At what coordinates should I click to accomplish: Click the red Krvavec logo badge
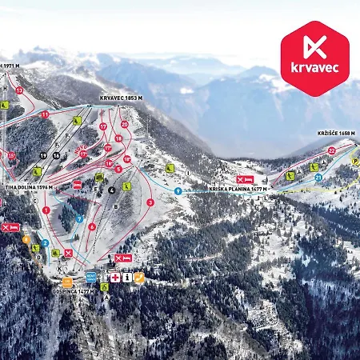pyautogui.click(x=314, y=58)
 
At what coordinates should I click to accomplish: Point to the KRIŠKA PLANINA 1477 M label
pyautogui.click(x=239, y=190)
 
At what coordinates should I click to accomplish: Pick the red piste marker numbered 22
pyautogui.click(x=331, y=150)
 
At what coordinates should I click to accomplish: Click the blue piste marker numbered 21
pyautogui.click(x=318, y=177)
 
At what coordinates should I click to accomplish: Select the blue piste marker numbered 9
pyautogui.click(x=177, y=191)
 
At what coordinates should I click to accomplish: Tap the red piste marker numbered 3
pyautogui.click(x=150, y=202)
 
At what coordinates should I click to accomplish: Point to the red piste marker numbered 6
pyautogui.click(x=92, y=226)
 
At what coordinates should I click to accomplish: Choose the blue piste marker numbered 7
pyautogui.click(x=80, y=218)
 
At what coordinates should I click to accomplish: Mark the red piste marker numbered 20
pyautogui.click(x=124, y=124)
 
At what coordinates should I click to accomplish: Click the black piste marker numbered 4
pyautogui.click(x=112, y=190)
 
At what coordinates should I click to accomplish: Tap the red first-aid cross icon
pyautogui.click(x=114, y=277)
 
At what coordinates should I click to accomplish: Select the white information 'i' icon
pyautogui.click(x=126, y=277)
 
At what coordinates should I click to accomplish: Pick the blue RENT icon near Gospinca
pyautogui.click(x=90, y=276)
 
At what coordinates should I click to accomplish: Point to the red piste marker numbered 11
pyautogui.click(x=45, y=115)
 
